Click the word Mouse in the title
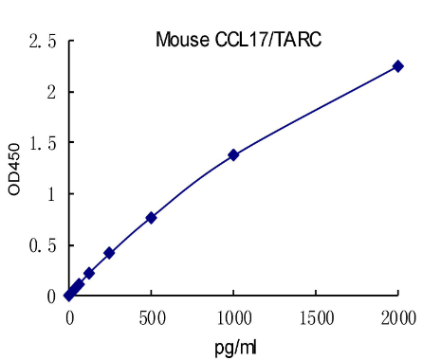click(177, 40)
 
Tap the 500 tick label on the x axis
click(151, 316)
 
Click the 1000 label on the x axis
click(233, 316)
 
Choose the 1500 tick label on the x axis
click(316, 316)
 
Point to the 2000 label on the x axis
click(398, 316)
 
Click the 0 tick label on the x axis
click(69, 316)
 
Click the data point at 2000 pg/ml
click(398, 66)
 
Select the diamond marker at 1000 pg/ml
click(233, 154)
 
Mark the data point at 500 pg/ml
click(151, 218)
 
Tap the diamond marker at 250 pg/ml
click(109, 253)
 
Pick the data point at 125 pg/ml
click(89, 273)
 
